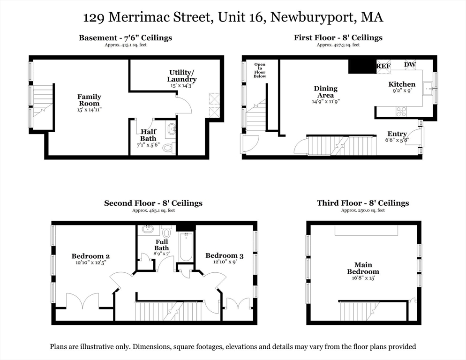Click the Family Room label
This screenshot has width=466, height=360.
[x=89, y=100]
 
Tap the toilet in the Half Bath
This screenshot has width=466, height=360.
[x=168, y=148]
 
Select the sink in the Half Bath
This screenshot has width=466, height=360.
[x=172, y=129]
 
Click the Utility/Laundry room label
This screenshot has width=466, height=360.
[x=181, y=75]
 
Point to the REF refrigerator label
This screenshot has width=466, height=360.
[x=383, y=66]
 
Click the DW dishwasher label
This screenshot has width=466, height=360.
[x=410, y=65]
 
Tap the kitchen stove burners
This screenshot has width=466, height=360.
[x=401, y=112]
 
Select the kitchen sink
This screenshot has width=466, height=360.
[x=428, y=89]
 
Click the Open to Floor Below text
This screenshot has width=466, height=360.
[x=260, y=70]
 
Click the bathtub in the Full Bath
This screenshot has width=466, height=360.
[x=186, y=247]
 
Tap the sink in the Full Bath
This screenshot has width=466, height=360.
[x=147, y=229]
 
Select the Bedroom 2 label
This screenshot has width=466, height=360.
[x=90, y=256]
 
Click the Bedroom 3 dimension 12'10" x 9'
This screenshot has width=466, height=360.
[x=225, y=262]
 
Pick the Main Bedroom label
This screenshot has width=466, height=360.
[x=363, y=268]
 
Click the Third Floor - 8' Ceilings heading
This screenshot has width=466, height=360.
[x=363, y=203]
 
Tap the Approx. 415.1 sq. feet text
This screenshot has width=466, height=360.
[x=126, y=45]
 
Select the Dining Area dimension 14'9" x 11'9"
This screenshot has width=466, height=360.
[x=325, y=101]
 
